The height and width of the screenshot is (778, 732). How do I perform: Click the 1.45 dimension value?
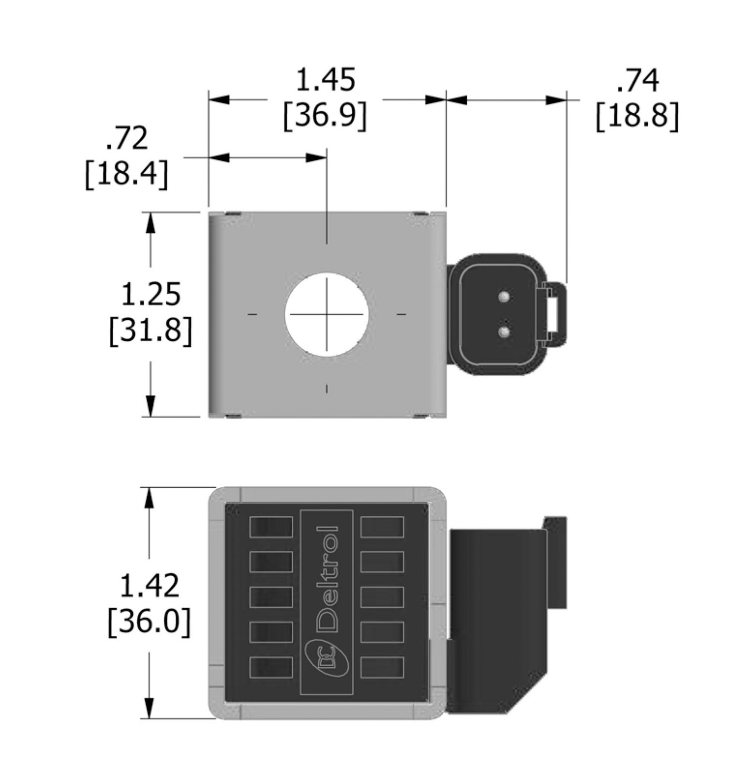(x=325, y=80)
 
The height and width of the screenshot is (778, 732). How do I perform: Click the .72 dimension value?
(x=126, y=138)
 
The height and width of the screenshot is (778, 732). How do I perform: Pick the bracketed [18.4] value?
(x=126, y=174)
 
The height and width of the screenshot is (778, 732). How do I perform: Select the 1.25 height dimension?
(x=150, y=294)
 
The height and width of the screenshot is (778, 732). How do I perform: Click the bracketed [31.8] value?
(x=150, y=331)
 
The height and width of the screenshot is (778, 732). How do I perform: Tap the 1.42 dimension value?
(x=149, y=586)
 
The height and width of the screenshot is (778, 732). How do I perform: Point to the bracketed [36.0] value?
(x=149, y=622)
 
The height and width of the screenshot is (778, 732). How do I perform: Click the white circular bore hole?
(x=327, y=314)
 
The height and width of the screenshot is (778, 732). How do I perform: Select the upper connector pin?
(x=504, y=296)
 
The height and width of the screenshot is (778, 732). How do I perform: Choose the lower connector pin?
(x=504, y=332)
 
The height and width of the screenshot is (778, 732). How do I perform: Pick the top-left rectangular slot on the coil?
(x=271, y=527)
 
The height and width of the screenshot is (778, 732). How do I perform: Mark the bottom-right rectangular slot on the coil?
(x=382, y=668)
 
